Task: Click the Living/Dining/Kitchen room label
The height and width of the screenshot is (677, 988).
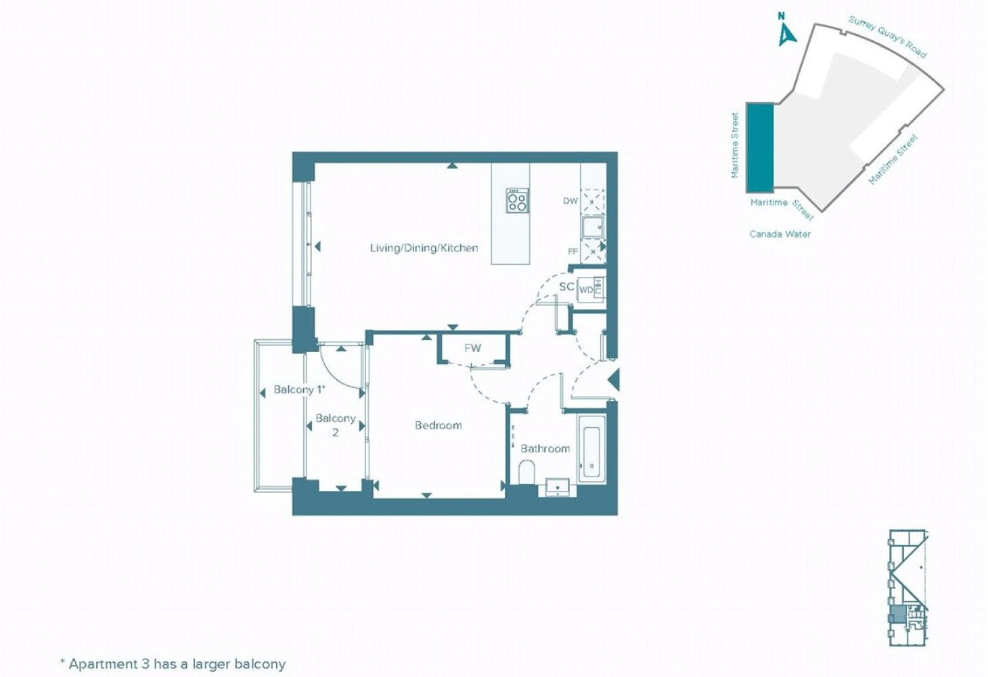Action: pyautogui.click(x=424, y=248)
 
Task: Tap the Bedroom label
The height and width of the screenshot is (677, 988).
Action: pyautogui.click(x=439, y=425)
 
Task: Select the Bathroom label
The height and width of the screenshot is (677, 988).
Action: pyautogui.click(x=545, y=449)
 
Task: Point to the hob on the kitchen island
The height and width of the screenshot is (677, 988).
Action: pyautogui.click(x=518, y=201)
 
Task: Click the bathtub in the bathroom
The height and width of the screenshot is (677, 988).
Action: pyautogui.click(x=591, y=448)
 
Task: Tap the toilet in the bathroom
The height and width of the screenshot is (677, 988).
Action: pyautogui.click(x=526, y=471)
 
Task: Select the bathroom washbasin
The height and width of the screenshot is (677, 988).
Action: pyautogui.click(x=558, y=487)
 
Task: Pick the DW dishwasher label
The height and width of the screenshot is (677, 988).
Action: pyautogui.click(x=570, y=201)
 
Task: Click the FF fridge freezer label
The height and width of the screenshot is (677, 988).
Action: pyautogui.click(x=572, y=252)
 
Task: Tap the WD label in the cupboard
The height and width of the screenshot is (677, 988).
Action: pyautogui.click(x=586, y=290)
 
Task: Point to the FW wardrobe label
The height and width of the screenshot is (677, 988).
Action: pyautogui.click(x=472, y=348)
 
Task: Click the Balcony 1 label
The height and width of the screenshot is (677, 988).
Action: pyautogui.click(x=300, y=390)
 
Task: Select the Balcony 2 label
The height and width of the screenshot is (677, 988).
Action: pyautogui.click(x=336, y=425)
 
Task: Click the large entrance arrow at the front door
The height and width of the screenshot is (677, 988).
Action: pyautogui.click(x=614, y=379)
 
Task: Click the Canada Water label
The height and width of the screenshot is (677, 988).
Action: pyautogui.click(x=780, y=234)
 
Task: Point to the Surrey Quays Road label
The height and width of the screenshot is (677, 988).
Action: pyautogui.click(x=887, y=37)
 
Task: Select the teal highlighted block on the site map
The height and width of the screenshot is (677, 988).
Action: pyautogui.click(x=760, y=148)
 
